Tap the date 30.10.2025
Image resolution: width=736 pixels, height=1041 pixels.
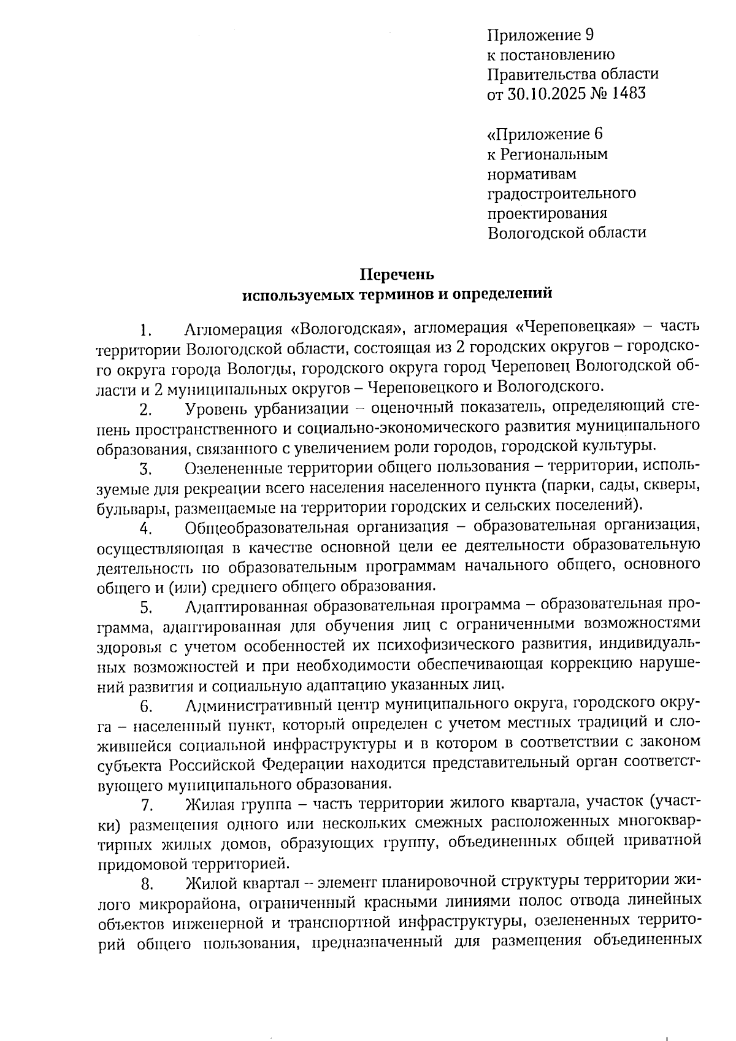(x=543, y=94)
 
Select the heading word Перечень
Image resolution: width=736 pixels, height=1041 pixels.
(x=396, y=274)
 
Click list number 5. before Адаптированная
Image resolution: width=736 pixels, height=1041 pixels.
(x=146, y=608)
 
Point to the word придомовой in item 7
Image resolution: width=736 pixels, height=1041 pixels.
(x=142, y=864)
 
